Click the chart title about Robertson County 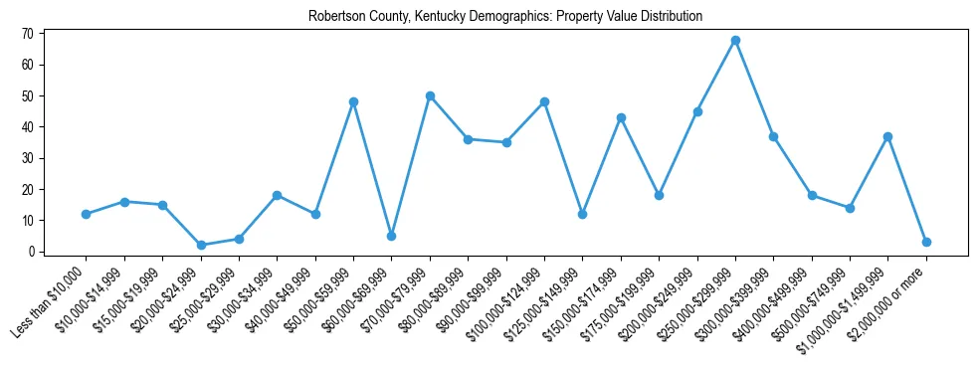(x=505, y=16)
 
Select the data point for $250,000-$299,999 (x=735, y=41)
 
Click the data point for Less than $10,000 (x=87, y=214)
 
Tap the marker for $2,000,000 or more (x=926, y=242)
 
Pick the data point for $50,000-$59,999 (x=353, y=102)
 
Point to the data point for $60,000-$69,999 (x=392, y=236)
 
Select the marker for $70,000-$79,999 (x=430, y=95)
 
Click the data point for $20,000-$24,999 (x=201, y=245)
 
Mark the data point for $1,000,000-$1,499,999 (x=887, y=136)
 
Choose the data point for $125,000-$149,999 (x=582, y=214)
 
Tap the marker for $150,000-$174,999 (x=621, y=117)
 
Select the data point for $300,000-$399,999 (x=773, y=136)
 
